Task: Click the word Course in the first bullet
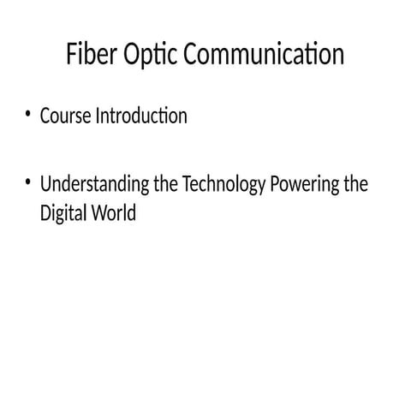63,116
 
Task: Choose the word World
111,212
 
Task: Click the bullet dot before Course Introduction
28,115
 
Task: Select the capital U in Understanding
46,184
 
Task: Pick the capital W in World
96,212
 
